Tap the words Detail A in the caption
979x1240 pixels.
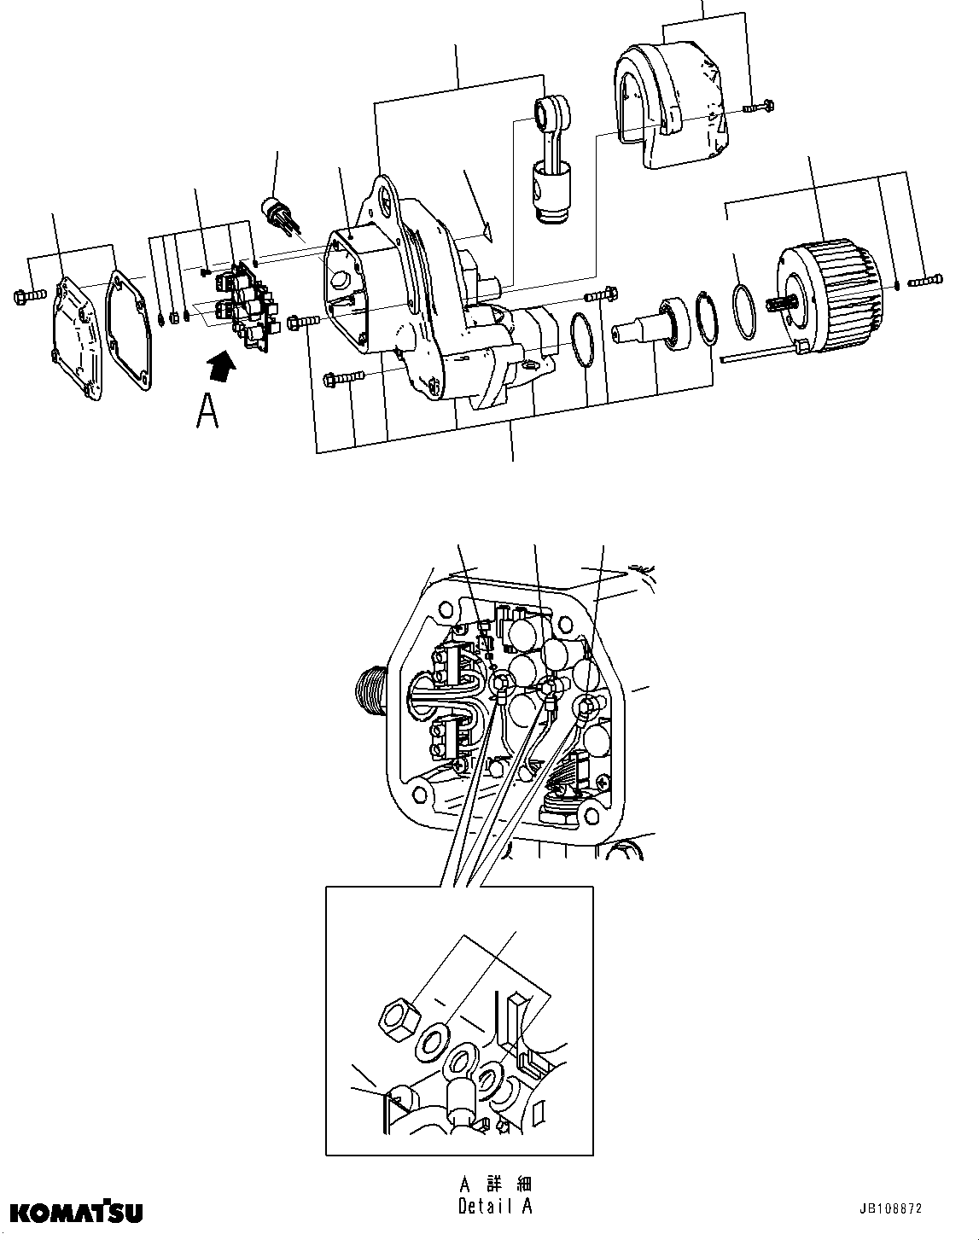point(496,1207)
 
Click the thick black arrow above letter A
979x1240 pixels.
point(221,366)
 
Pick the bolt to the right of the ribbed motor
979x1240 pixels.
point(927,279)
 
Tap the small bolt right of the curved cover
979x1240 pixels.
point(759,107)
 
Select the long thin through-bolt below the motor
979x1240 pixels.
point(760,353)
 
